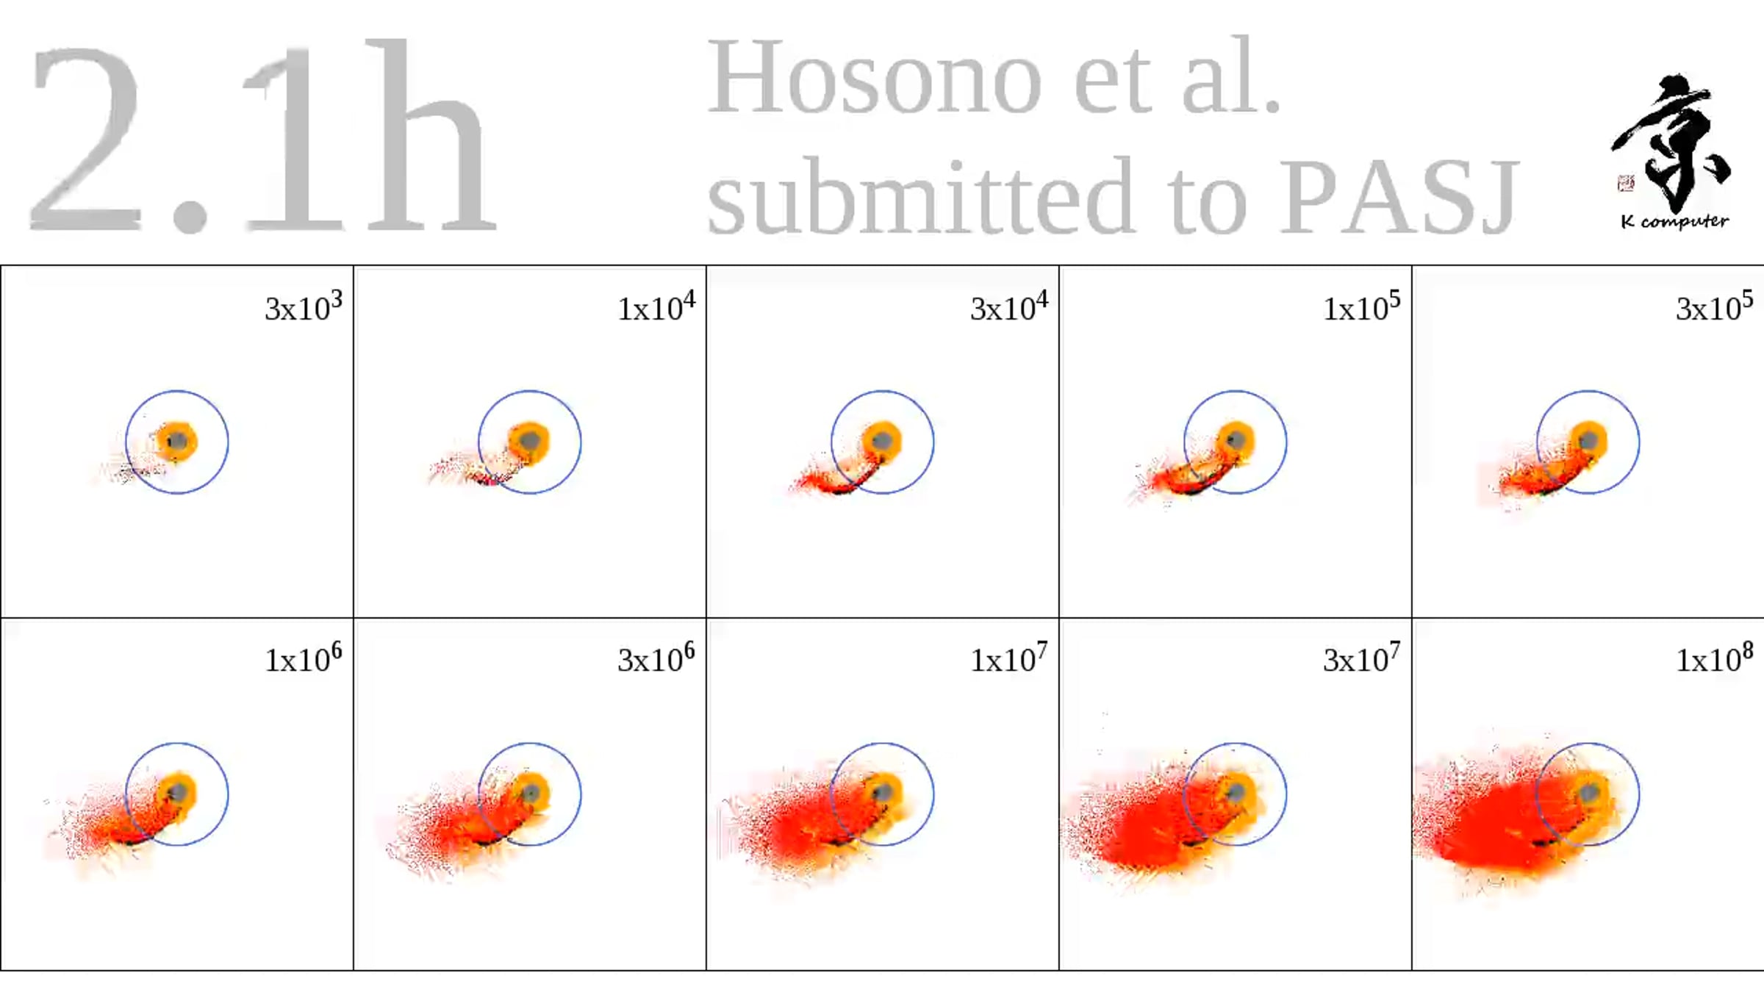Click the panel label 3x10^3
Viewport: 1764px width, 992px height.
tap(304, 306)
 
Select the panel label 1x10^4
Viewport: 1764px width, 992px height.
tap(656, 306)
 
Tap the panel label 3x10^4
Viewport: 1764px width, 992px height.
tap(1009, 306)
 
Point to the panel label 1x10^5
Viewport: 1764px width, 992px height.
tap(1362, 306)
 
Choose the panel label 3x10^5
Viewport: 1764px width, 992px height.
tap(1715, 306)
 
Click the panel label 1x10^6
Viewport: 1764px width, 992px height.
tap(304, 658)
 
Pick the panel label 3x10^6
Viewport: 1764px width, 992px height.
tap(656, 658)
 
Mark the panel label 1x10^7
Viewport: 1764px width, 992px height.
tap(1009, 658)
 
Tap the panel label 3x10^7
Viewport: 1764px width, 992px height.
tap(1362, 658)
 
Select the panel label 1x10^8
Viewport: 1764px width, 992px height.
tap(1715, 658)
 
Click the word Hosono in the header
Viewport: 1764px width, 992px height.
tap(875, 77)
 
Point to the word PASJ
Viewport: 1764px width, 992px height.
tap(1400, 197)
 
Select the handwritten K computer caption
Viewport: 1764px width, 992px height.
tap(1674, 221)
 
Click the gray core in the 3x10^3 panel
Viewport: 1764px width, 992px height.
tap(177, 442)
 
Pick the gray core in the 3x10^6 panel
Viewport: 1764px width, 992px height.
tap(530, 793)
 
